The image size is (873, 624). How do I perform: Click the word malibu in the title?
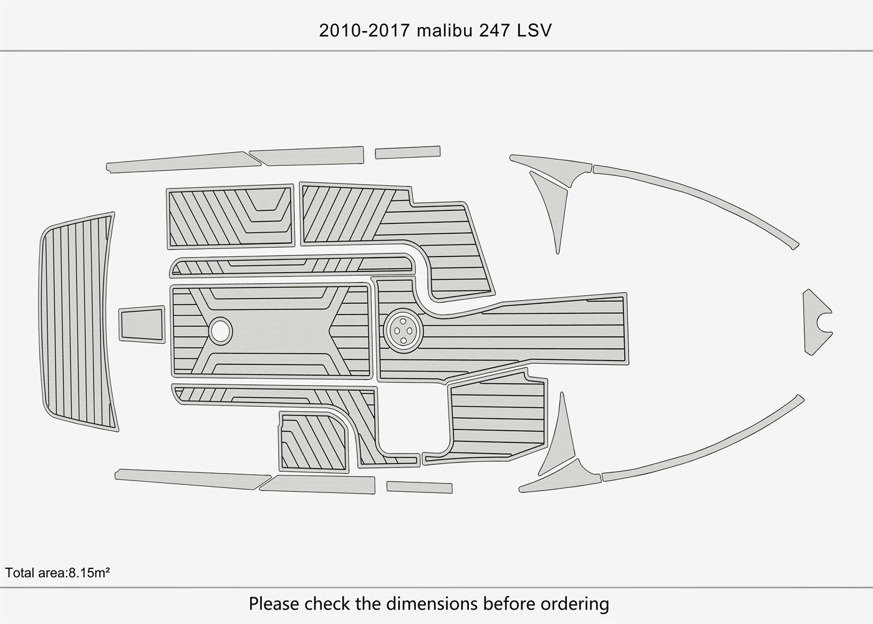(445, 30)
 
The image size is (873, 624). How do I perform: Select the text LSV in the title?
(534, 30)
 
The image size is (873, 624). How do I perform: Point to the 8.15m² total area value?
(88, 572)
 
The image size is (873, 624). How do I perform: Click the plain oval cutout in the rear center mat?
(220, 329)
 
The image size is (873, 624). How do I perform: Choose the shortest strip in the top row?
(407, 152)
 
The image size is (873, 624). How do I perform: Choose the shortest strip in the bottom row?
(419, 487)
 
